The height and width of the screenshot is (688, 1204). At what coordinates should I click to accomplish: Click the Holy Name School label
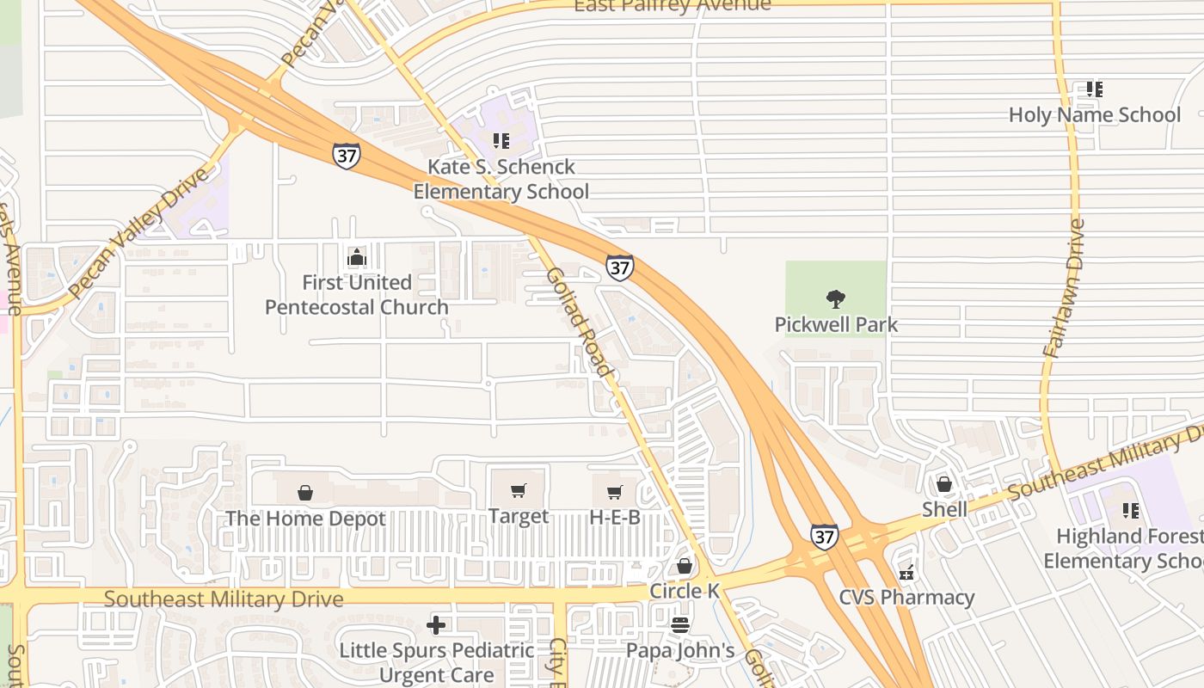1094,114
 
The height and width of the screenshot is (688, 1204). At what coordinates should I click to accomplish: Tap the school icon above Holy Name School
1094,89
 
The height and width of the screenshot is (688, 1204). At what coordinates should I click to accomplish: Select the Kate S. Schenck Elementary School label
501,179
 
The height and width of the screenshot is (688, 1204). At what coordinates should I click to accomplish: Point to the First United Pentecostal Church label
357,294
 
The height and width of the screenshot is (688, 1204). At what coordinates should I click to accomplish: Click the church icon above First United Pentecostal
356,256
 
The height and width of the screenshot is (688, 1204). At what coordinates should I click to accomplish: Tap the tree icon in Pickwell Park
835,299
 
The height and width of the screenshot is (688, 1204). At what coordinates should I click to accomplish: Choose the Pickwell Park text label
836,324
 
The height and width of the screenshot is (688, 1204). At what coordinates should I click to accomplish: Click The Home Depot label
305,519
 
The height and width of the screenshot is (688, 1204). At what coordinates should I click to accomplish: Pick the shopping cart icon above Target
518,491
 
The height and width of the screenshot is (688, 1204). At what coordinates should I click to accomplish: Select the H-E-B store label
614,517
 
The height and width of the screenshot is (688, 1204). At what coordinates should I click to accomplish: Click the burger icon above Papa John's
680,625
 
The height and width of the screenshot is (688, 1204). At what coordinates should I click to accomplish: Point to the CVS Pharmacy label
906,597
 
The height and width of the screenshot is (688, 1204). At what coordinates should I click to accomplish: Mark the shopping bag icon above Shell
943,484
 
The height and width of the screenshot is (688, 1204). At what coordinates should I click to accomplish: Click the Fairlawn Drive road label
1064,288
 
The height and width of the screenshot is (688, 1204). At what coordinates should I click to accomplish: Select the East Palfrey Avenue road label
673,6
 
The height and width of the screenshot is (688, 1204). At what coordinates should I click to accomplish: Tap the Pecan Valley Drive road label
138,232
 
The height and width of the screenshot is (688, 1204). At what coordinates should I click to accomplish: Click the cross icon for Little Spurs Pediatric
436,625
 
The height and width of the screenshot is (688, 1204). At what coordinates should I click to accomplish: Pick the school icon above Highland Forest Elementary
1130,510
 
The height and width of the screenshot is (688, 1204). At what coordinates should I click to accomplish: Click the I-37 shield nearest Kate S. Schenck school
346,156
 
